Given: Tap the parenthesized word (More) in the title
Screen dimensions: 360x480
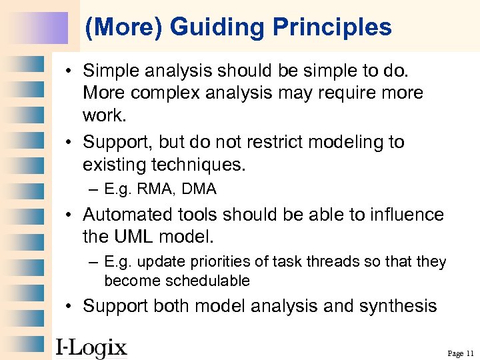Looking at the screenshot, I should tap(125, 27).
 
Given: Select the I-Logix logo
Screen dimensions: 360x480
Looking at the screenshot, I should tap(91, 347).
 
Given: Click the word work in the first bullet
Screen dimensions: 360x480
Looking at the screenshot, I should tap(103, 115).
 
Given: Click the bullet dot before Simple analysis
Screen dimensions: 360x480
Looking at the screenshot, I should tap(69, 70).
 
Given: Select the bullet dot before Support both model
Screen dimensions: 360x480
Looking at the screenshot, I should tap(69, 307).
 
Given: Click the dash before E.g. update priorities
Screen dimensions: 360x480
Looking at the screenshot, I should tap(93, 262).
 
